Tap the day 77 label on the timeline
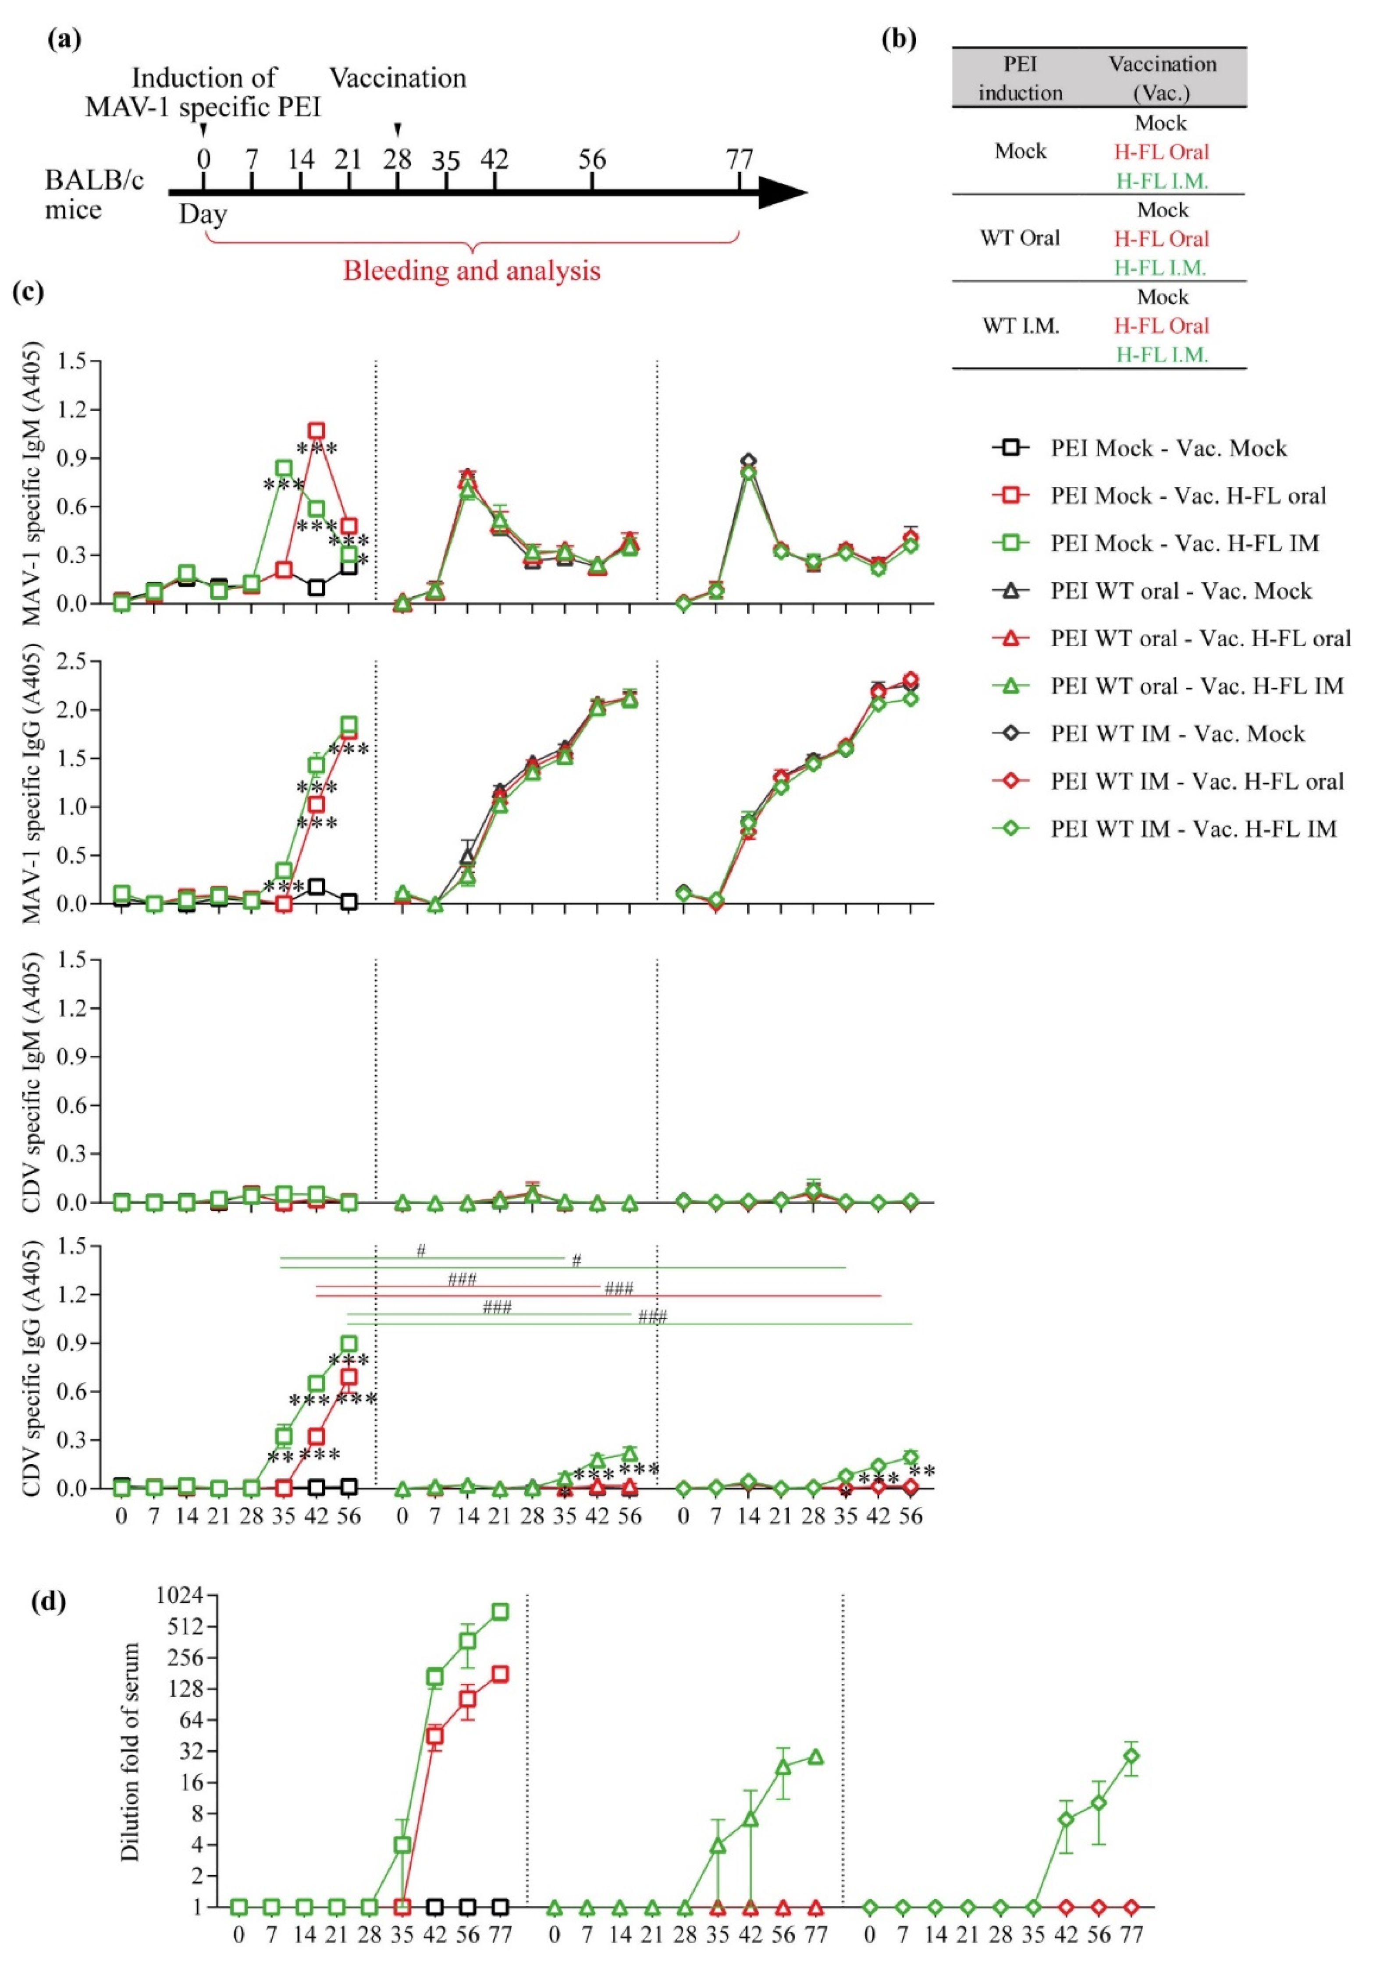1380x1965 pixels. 739,159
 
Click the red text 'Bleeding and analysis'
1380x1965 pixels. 472,271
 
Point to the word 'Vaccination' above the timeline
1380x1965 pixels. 398,79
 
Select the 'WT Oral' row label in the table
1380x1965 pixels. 1020,238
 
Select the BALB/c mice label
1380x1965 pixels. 94,195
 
